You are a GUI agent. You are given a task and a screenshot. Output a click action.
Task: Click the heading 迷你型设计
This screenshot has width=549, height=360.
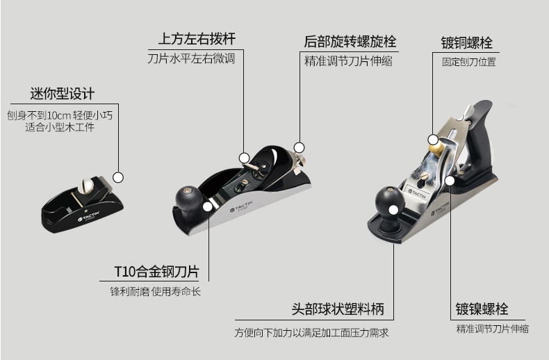click(62, 93)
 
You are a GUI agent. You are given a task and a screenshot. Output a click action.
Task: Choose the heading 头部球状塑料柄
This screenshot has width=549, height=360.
click(337, 309)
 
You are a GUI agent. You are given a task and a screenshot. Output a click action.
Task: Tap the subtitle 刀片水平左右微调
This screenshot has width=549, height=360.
click(191, 59)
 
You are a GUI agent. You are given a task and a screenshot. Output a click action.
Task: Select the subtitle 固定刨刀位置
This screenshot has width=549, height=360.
click(469, 62)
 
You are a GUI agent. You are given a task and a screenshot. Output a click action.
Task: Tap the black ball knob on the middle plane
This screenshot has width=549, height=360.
click(187, 196)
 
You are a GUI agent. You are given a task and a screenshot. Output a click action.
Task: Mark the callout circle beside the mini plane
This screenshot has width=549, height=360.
click(118, 177)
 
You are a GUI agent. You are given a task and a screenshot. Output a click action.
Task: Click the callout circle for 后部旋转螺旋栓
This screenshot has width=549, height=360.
click(300, 147)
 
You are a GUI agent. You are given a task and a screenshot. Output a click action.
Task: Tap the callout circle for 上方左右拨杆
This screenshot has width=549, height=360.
click(244, 157)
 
